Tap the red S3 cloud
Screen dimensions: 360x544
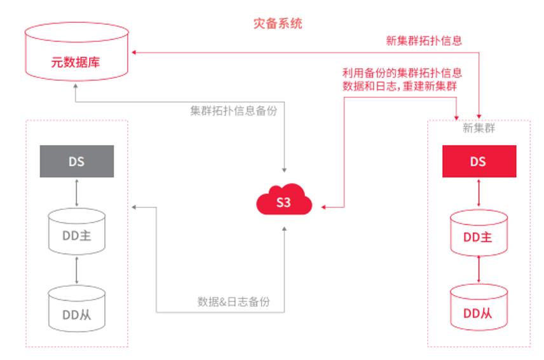coord(284,202)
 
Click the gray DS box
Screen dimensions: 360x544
coord(76,161)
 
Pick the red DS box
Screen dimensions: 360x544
coord(479,161)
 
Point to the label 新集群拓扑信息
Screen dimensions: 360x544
coord(423,40)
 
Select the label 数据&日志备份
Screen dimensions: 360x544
coord(233,301)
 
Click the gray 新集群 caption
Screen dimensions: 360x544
coord(479,128)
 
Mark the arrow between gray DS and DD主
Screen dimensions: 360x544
coord(76,193)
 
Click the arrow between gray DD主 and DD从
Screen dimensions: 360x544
coord(76,270)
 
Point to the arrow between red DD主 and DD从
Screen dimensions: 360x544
coord(479,271)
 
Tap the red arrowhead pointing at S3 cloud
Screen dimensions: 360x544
coord(323,207)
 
